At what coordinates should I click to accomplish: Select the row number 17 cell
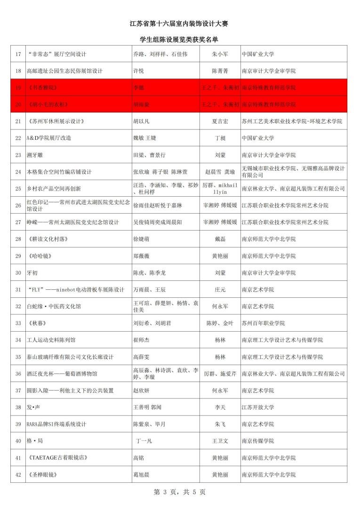coord(18,54)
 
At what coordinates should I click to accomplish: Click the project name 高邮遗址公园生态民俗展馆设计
coord(64,71)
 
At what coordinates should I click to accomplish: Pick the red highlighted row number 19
coord(18,88)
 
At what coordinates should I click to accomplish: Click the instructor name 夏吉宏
coord(220,121)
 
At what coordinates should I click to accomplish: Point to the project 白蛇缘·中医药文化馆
coord(54,306)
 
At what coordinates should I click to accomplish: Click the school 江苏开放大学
coord(257,407)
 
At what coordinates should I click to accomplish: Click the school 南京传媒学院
coord(257,441)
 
